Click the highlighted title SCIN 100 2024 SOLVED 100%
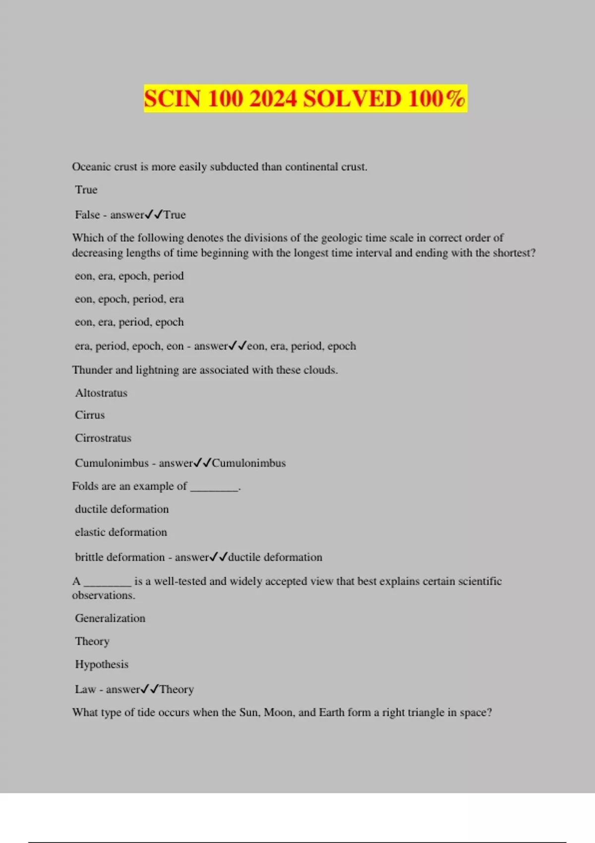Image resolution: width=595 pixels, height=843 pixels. coord(305,98)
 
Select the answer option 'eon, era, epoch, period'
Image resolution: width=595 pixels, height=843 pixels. coord(129,276)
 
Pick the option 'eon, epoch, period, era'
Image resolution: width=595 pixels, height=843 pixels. coord(129,299)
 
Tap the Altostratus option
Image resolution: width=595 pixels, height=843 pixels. coord(101,393)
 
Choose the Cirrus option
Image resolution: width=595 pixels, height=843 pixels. coord(90,415)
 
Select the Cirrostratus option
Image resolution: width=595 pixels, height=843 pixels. coord(103,438)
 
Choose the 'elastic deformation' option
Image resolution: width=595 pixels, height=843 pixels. coord(121,532)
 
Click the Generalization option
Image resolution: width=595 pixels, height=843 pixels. coord(110,618)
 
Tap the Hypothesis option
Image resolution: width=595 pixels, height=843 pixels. coord(102,664)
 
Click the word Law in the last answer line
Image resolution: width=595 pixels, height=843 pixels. coord(85,689)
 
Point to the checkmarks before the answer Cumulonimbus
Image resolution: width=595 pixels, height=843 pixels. coord(202,463)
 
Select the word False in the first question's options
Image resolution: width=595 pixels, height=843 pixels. coord(87,215)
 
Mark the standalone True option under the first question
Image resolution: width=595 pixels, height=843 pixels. coord(86,189)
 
